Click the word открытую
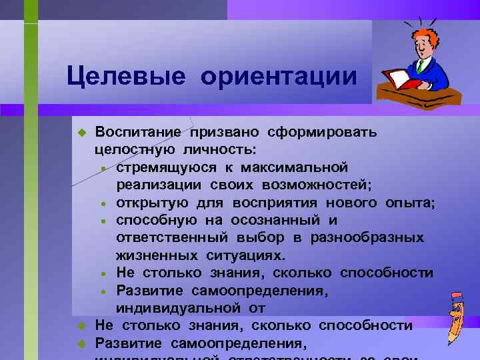(x=152, y=202)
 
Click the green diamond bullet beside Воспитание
(x=81, y=132)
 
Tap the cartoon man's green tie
(x=421, y=66)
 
